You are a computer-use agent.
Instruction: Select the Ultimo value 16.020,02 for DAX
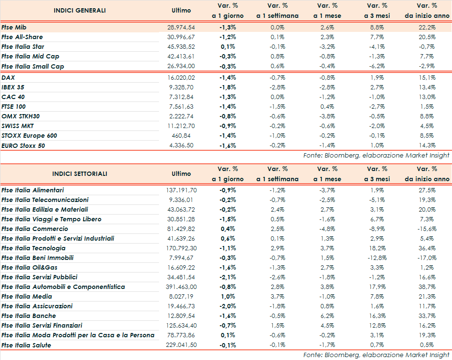(x=181, y=77)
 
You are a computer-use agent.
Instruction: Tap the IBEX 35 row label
(x=14, y=87)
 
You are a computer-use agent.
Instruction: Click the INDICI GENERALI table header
(x=79, y=10)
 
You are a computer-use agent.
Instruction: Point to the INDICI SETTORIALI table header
(x=80, y=173)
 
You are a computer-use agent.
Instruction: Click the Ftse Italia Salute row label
(x=26, y=345)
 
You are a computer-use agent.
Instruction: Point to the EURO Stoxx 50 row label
(x=23, y=145)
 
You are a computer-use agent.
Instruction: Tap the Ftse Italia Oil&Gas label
(x=29, y=268)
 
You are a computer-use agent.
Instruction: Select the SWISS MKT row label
(x=18, y=126)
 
